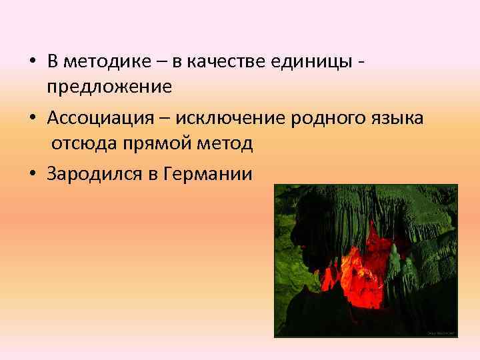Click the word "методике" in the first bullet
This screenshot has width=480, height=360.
pos(101,63)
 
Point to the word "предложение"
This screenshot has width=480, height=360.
pos(109,87)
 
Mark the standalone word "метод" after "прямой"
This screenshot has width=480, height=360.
pos(226,143)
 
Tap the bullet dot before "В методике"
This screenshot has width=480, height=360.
pos(32,63)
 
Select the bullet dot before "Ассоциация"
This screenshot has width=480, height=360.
pos(32,119)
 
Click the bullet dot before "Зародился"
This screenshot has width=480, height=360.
pos(32,175)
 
